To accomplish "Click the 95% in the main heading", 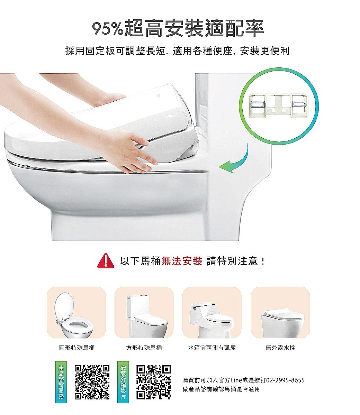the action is pyautogui.click(x=108, y=28).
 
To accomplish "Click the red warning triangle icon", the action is pyautogui.click(x=106, y=261).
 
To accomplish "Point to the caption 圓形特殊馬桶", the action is pyautogui.click(x=77, y=348).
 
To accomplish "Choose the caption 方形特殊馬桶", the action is pyautogui.click(x=144, y=348).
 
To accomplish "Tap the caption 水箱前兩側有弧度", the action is pyautogui.click(x=212, y=348).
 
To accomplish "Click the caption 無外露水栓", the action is pyautogui.click(x=280, y=348).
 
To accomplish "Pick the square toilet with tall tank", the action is pyautogui.click(x=146, y=317).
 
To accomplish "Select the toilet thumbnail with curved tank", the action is pyautogui.click(x=211, y=321).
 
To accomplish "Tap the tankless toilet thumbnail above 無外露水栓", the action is pyautogui.click(x=282, y=323).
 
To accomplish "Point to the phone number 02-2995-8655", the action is pyautogui.click(x=285, y=380).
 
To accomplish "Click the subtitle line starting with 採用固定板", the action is pyautogui.click(x=177, y=51).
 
